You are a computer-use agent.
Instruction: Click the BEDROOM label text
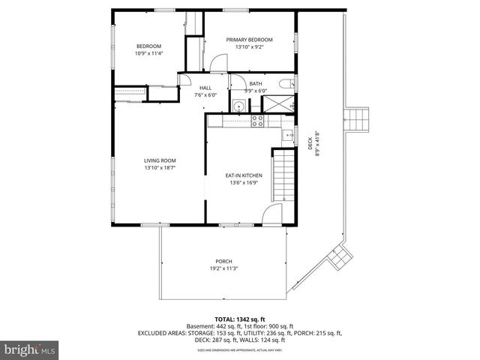[x=148, y=46]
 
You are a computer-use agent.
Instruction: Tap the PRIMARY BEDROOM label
[x=253, y=40]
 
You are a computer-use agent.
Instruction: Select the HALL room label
[x=205, y=88]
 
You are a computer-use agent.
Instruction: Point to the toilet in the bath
[x=286, y=85]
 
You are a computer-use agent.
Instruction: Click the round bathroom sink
[x=238, y=106]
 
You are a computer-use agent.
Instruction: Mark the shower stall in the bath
[x=283, y=104]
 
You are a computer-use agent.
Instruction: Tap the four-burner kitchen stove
[x=257, y=120]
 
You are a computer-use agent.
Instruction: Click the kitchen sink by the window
[x=286, y=136]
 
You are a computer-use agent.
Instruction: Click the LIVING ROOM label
[x=160, y=160]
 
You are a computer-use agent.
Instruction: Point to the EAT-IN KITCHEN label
[x=244, y=175]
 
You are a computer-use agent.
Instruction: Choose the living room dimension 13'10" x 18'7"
[x=160, y=168]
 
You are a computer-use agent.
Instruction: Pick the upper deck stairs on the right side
[x=358, y=118]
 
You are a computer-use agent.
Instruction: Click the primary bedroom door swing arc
[x=217, y=63]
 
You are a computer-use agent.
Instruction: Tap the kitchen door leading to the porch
[x=271, y=217]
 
